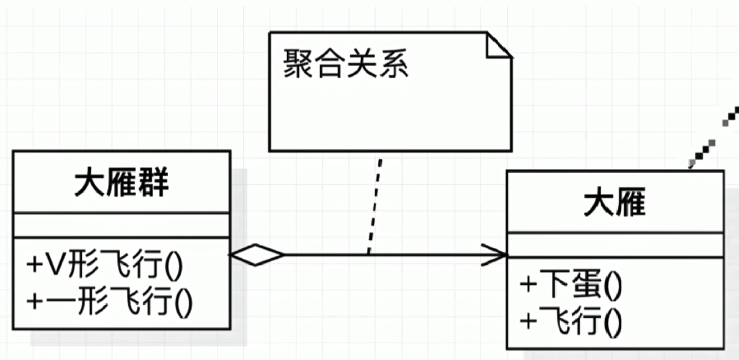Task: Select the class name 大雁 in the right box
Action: click(614, 202)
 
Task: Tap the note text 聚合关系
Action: click(345, 64)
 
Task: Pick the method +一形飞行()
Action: click(109, 301)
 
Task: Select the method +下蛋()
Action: click(571, 284)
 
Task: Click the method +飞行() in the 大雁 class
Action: click(571, 321)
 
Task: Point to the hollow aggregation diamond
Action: click(256, 255)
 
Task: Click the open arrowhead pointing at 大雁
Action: click(495, 255)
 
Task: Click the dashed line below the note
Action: click(375, 203)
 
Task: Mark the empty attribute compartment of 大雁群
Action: click(121, 225)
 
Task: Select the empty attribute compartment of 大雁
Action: click(614, 245)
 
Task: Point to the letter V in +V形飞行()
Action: click(55, 264)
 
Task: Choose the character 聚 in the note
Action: click(298, 64)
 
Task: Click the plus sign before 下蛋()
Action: click(528, 285)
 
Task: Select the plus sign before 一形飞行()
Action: click(35, 301)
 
